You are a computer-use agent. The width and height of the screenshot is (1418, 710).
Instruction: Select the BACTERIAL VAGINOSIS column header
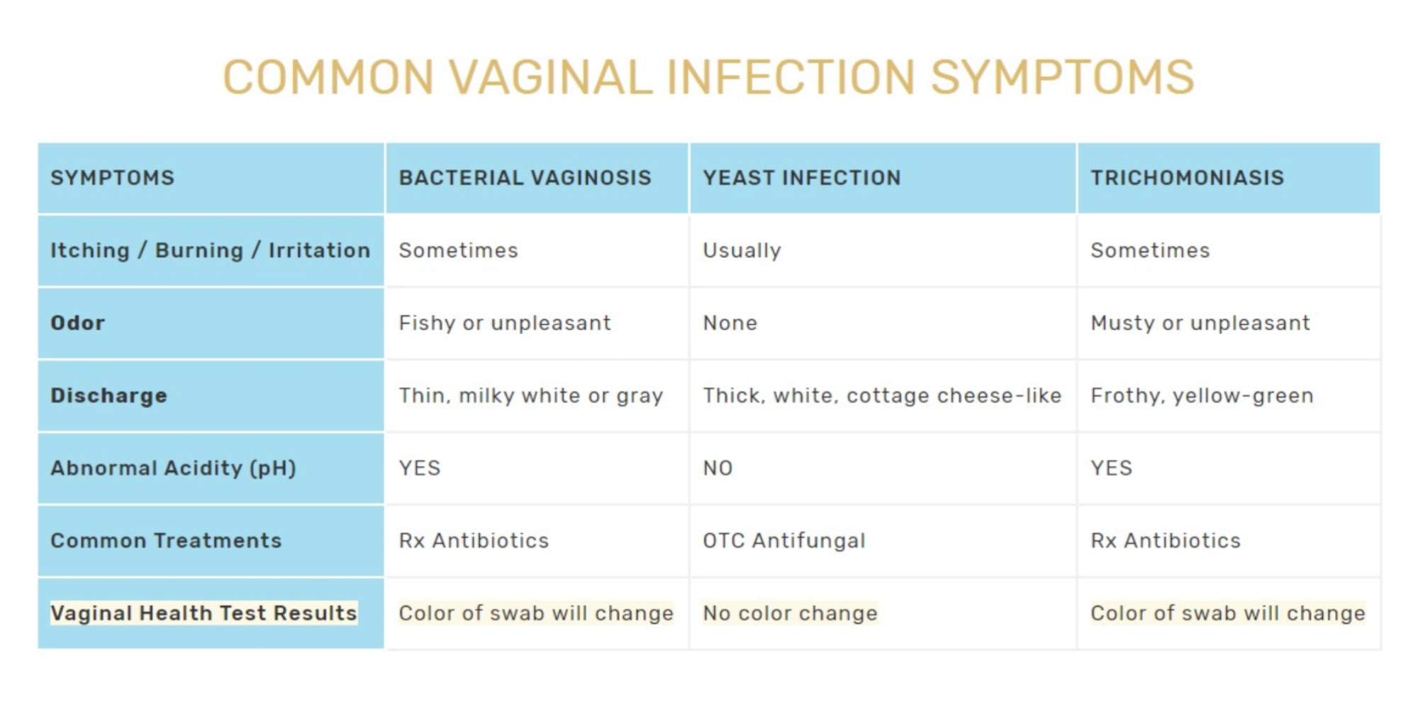point(525,177)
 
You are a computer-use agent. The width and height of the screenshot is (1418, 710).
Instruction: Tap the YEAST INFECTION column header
point(802,177)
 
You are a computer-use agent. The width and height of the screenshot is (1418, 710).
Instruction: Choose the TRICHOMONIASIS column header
point(1187,177)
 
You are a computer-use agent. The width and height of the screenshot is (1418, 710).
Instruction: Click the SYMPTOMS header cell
point(112,177)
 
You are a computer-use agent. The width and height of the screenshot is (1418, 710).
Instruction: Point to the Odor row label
point(77,323)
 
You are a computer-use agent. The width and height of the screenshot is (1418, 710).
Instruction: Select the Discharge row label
point(108,395)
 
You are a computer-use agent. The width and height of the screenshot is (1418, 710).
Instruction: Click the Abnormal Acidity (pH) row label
point(173,468)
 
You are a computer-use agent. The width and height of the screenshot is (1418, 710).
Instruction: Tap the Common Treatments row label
point(166,541)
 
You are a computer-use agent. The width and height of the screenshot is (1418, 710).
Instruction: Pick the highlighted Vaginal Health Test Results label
point(203,613)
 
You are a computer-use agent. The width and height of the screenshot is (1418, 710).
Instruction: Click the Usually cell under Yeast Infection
point(742,250)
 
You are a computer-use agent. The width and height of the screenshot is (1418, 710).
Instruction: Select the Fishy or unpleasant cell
point(504,323)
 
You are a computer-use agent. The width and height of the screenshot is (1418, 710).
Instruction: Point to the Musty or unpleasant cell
point(1200,323)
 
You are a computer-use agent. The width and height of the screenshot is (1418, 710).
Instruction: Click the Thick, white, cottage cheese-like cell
point(882,395)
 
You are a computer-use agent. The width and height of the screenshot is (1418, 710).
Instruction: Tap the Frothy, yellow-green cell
point(1202,395)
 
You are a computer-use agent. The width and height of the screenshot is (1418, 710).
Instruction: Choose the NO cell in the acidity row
point(718,468)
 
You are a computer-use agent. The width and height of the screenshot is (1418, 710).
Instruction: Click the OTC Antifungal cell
point(783,541)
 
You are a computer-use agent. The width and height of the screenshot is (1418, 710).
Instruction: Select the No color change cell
point(790,613)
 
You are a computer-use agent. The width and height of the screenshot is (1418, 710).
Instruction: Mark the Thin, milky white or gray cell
point(530,395)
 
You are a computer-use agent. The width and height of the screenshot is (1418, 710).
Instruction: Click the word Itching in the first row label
point(89,250)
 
